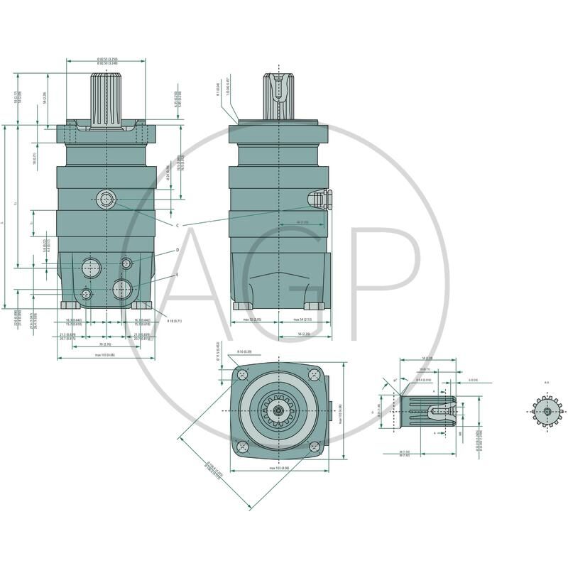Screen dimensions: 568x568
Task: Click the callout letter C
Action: point(177,225)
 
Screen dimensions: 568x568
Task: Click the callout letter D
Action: point(177,250)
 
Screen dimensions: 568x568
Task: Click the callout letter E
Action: point(177,274)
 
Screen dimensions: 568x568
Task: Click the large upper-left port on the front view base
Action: point(90,267)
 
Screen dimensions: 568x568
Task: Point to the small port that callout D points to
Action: point(127,263)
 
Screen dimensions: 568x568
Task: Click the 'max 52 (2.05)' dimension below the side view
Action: point(253,320)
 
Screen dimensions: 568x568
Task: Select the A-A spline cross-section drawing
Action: point(547,410)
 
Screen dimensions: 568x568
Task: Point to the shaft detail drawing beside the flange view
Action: point(426,410)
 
